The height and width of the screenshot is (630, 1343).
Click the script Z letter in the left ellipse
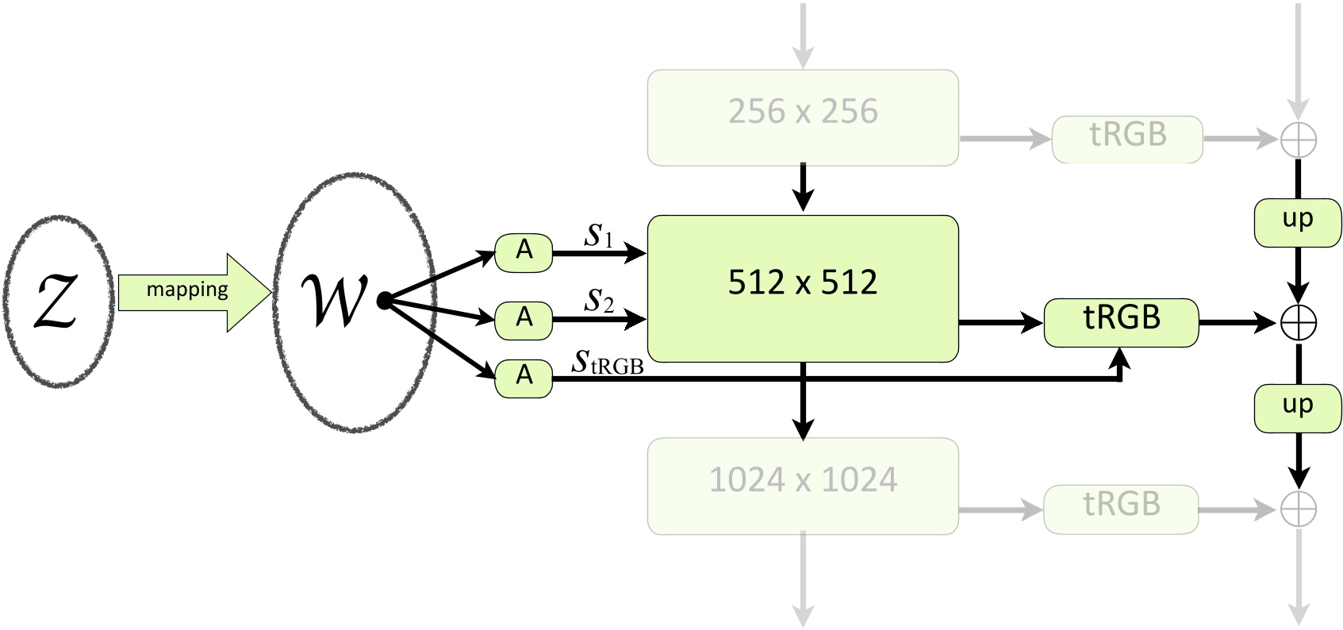tap(56, 302)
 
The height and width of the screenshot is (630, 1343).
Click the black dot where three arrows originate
tap(384, 301)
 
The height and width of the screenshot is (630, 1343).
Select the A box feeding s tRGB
tap(524, 377)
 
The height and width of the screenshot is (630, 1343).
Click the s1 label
tap(599, 236)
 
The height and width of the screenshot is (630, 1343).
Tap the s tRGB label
tap(608, 363)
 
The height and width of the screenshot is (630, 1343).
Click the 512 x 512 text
tap(803, 282)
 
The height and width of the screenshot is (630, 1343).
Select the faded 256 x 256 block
tap(803, 117)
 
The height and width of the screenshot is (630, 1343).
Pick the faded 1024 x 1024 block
tap(803, 486)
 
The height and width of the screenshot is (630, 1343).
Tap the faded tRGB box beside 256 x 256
tap(1127, 139)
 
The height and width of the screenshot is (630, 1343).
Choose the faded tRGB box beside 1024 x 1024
tap(1121, 509)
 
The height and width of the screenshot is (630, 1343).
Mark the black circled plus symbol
tap(1299, 323)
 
